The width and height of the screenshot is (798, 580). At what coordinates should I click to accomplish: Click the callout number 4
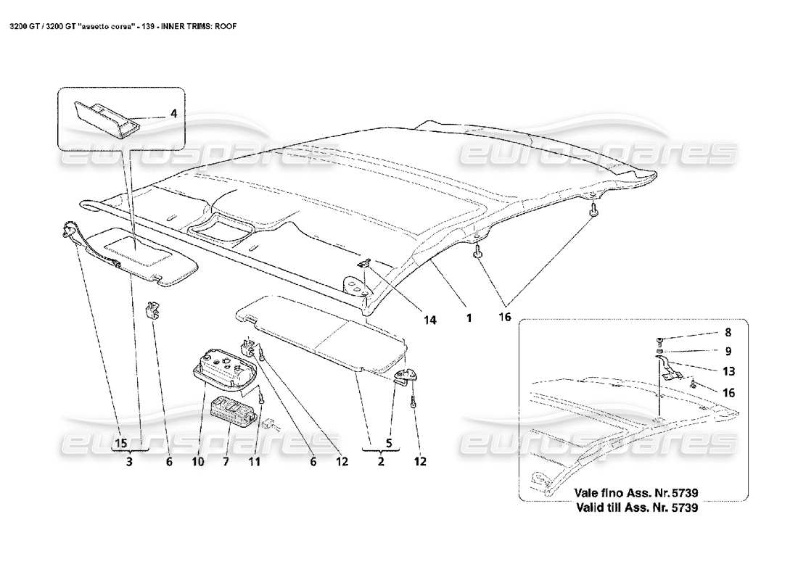click(x=173, y=114)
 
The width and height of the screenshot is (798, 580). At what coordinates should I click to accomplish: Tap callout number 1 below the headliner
click(x=469, y=318)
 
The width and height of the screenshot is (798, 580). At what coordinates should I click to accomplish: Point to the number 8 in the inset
click(x=728, y=333)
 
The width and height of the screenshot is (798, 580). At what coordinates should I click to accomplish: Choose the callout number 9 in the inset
click(x=728, y=352)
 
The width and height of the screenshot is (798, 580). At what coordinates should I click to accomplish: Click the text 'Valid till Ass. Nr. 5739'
click(x=636, y=508)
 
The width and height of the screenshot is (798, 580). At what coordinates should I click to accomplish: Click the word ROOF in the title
click(x=222, y=25)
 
